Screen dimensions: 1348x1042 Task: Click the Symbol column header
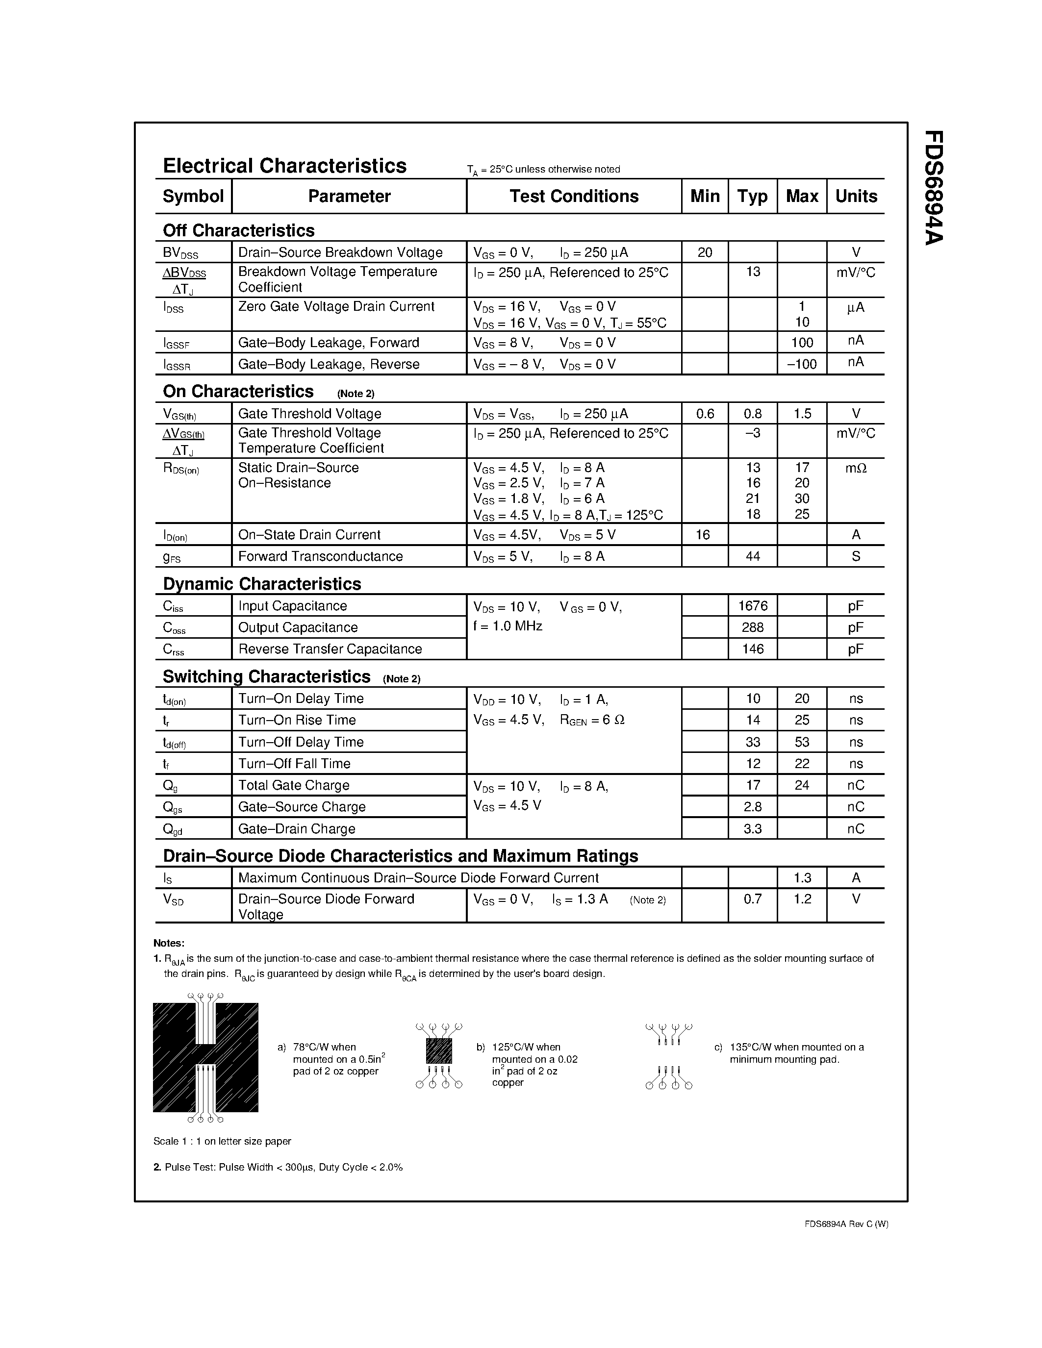click(193, 196)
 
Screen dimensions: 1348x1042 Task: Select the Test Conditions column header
click(574, 196)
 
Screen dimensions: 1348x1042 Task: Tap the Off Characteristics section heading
click(238, 230)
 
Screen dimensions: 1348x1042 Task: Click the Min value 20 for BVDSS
click(704, 252)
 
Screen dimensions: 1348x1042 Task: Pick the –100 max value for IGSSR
click(801, 364)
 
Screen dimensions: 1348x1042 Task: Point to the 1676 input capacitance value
click(753, 606)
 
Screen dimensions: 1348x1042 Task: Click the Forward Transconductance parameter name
click(320, 557)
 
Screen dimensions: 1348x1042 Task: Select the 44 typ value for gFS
click(753, 557)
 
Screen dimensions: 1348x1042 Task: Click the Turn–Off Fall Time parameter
click(294, 764)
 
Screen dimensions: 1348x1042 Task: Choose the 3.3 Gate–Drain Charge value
click(753, 829)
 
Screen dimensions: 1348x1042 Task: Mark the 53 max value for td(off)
click(801, 743)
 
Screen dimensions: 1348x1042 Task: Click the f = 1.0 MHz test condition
click(508, 626)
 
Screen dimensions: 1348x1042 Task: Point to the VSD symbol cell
click(174, 900)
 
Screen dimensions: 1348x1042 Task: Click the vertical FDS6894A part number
click(933, 188)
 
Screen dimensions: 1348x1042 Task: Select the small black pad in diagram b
click(439, 1050)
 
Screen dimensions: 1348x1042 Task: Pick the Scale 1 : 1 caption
click(222, 1141)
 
